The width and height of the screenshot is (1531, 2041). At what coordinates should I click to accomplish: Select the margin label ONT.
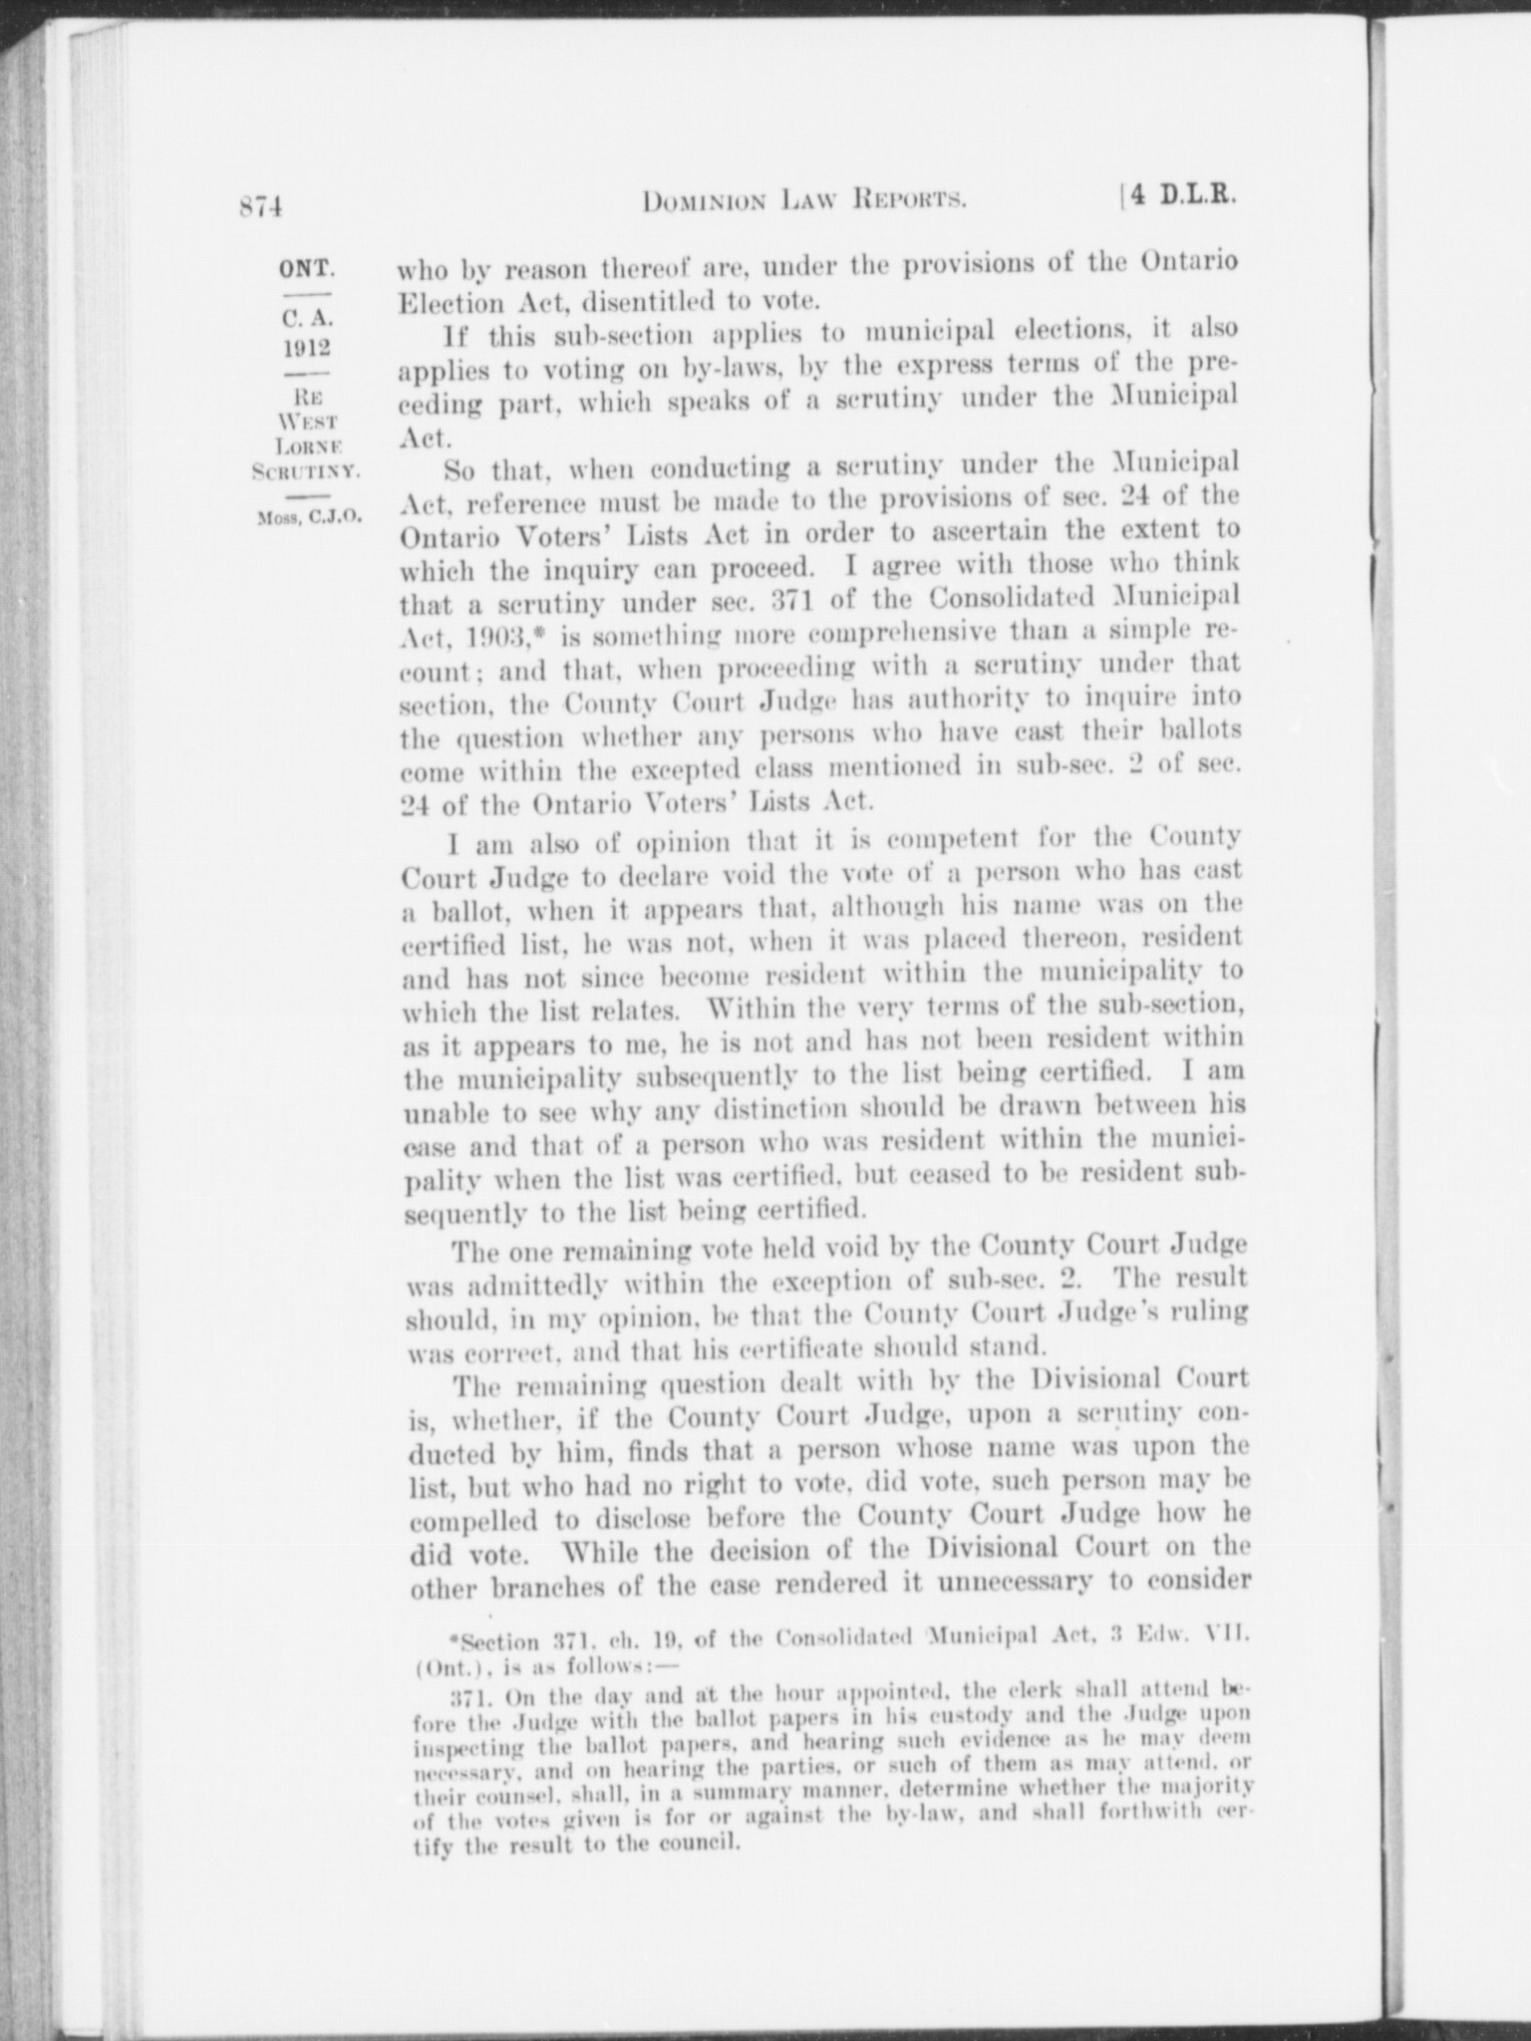(305, 268)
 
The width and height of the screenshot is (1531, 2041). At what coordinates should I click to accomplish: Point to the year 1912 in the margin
(305, 348)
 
